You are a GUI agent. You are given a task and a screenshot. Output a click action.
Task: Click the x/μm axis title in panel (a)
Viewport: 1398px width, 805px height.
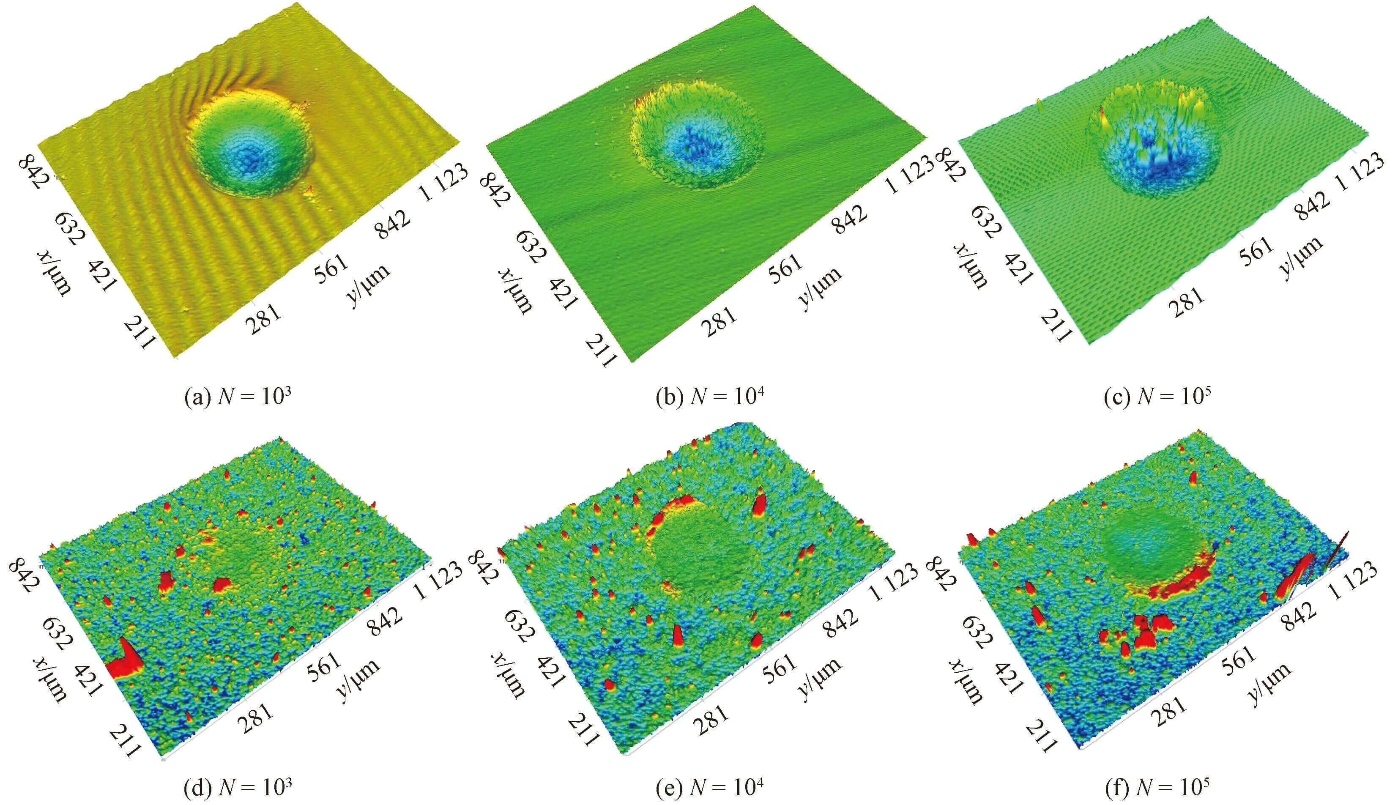click(55, 273)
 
